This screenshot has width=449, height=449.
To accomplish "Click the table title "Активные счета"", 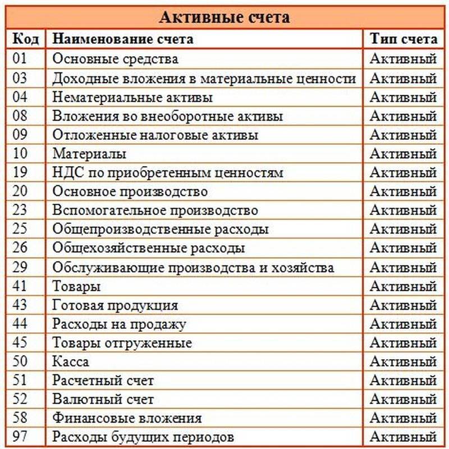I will point(224,17).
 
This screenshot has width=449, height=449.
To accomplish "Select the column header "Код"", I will point(26,39).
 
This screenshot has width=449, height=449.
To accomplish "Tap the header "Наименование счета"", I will point(123,39).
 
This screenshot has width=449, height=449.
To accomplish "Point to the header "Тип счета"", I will point(403,39).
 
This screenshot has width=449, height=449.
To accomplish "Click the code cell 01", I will point(20,58).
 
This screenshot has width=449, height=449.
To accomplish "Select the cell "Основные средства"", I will point(115,58).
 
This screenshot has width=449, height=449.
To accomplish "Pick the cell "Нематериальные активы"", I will point(132,97).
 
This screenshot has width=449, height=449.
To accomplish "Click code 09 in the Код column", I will point(20,135).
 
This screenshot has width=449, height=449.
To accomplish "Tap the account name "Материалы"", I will point(89,154).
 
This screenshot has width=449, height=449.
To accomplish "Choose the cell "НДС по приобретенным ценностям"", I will point(168,173).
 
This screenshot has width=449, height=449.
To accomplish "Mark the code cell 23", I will point(20,210).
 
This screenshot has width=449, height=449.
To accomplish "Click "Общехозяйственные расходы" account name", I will point(149,248).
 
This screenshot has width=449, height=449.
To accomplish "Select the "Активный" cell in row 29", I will point(403,267).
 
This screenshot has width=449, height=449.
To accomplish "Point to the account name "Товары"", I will point(76,286).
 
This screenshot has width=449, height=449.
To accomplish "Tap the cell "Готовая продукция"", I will point(115,305).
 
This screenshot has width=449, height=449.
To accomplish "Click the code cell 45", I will point(20,342).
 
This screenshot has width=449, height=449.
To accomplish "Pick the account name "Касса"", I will point(71,361).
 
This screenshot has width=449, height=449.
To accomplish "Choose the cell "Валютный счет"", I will point(103,400).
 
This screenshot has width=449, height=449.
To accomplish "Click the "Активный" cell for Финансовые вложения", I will point(403,418).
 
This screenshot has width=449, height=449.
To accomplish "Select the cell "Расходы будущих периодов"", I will point(143,437).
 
